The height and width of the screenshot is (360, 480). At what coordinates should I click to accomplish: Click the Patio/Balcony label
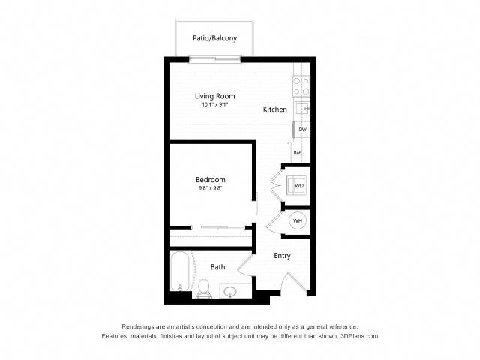[x=215, y=38]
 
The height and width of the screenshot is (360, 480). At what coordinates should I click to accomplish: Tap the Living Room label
[x=215, y=96]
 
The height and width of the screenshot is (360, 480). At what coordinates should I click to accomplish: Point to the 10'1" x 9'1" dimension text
[x=215, y=104]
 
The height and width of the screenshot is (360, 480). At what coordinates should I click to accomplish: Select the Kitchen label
[x=275, y=109]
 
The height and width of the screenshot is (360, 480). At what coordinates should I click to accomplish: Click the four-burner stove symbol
[x=301, y=86]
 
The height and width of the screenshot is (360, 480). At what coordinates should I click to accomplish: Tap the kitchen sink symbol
[x=302, y=108]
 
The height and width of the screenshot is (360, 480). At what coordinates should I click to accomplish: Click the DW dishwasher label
[x=302, y=130]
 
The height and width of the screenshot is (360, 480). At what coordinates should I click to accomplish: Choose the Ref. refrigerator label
[x=298, y=153]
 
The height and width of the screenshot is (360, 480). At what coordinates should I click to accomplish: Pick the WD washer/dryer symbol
[x=296, y=185]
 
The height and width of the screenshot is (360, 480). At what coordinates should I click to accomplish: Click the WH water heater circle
[x=298, y=220]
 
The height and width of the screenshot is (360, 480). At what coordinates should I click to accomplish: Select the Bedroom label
[x=211, y=180]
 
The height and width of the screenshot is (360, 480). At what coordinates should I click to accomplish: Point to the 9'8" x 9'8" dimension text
[x=210, y=188]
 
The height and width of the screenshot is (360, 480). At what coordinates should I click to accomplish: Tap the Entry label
[x=282, y=256]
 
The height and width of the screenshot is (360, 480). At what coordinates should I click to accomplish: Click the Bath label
[x=218, y=267]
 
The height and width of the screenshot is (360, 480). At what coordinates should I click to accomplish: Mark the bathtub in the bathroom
[x=180, y=271]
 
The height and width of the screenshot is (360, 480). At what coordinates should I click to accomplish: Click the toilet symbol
[x=204, y=289]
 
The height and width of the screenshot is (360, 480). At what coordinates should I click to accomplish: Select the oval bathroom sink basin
[x=230, y=291]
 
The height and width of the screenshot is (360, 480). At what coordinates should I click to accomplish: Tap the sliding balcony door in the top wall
[x=215, y=59]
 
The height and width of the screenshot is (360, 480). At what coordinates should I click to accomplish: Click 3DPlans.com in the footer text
[x=359, y=336]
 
